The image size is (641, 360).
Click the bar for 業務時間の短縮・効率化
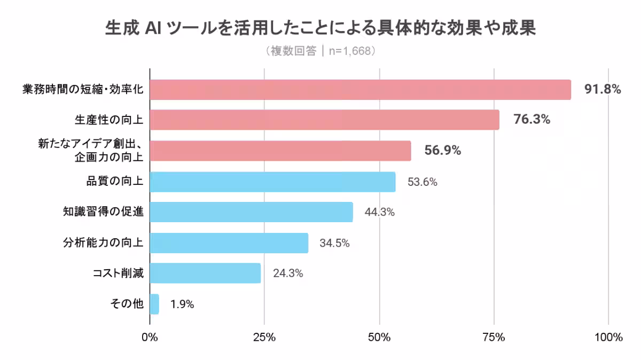[x=361, y=90]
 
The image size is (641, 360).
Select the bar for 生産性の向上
[x=325, y=120]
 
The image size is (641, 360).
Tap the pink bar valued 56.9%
[x=280, y=151]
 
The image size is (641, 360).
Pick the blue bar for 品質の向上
[x=272, y=182]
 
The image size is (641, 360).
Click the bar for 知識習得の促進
[x=251, y=212]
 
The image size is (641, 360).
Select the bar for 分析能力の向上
[x=229, y=243]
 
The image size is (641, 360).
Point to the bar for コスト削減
[x=206, y=273]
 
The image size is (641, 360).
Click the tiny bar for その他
[x=154, y=304]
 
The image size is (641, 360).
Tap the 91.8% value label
[x=603, y=90]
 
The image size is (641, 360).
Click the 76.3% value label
[x=531, y=120]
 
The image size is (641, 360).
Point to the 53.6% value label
[x=423, y=182]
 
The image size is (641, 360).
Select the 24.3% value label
[x=288, y=273]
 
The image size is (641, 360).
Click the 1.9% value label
[x=182, y=304]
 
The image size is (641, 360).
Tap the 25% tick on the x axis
[x=264, y=338]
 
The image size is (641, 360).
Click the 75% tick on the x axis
[x=494, y=338]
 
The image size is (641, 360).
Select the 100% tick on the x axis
[x=608, y=338]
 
